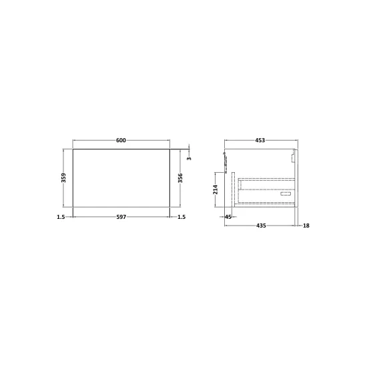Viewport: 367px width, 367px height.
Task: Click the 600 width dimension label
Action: pos(121,140)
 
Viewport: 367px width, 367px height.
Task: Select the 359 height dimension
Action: pos(63,178)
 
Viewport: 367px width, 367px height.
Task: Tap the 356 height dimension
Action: pos(180,178)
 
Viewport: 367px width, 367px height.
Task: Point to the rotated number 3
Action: pos(189,158)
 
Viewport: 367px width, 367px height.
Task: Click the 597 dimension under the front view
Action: pos(121,217)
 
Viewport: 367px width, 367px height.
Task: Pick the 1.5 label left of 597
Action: pos(61,217)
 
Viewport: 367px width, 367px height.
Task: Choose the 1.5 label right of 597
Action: pos(181,217)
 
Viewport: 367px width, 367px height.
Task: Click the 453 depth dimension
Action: pos(260,140)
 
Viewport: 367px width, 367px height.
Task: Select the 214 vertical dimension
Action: pos(216,190)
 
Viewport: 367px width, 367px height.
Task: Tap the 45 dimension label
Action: pos(228,217)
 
